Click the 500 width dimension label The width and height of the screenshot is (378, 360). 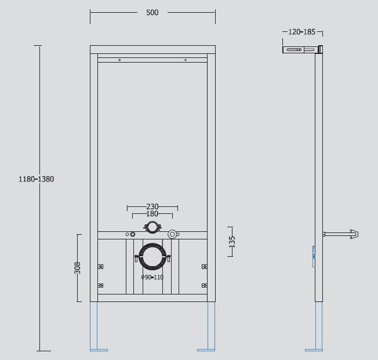[152, 13]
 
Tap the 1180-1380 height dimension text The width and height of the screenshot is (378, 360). [36, 179]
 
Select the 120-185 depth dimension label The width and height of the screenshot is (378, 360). [302, 32]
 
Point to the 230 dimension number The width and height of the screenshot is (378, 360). [152, 206]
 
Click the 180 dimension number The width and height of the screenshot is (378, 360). [152, 214]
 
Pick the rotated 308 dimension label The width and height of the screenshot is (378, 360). [77, 268]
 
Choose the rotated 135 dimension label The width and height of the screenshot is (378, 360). [232, 242]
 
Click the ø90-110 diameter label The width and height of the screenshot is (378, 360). [152, 277]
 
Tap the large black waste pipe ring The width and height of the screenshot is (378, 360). [152, 257]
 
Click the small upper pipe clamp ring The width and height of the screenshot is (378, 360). [152, 227]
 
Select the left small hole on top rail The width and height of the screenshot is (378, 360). [119, 60]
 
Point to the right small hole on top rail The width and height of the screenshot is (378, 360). [186, 60]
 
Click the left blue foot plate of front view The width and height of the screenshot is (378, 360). [99, 350]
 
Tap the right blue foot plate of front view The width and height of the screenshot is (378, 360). [206, 350]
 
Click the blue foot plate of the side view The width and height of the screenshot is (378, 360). [314, 350]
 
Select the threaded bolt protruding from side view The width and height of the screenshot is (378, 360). [340, 234]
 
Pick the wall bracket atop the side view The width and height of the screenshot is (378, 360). [303, 49]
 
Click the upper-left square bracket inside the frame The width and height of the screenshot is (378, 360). [100, 267]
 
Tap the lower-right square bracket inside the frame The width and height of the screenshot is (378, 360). [205, 285]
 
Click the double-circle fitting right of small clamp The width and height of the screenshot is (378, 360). [172, 234]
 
